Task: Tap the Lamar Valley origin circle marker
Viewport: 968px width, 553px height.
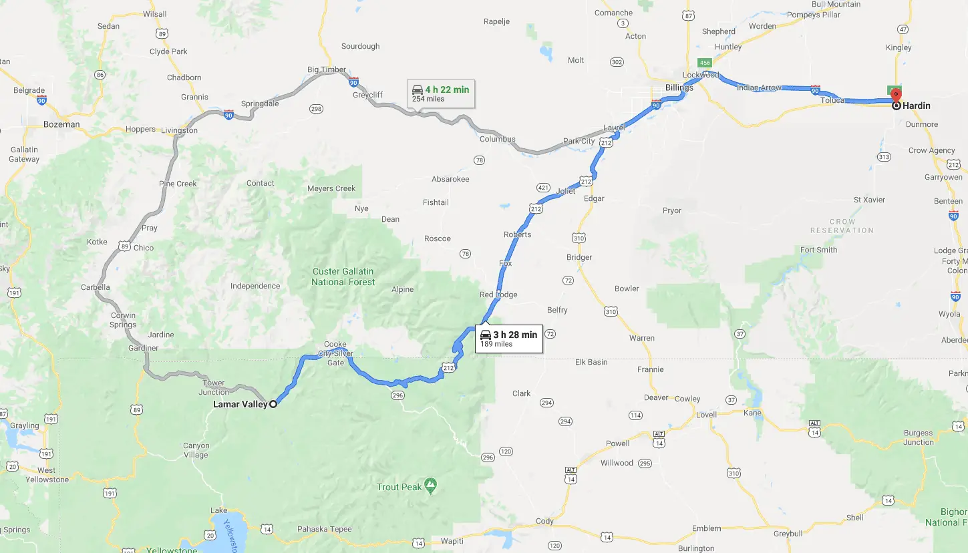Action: [x=273, y=404]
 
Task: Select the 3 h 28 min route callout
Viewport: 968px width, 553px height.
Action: [x=509, y=339]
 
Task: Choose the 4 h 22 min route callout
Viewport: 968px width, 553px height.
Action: [x=441, y=94]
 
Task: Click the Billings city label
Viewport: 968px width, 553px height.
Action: [x=679, y=87]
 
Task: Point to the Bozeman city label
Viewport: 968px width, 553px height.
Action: [x=61, y=124]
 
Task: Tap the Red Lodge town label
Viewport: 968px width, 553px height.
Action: [x=498, y=295]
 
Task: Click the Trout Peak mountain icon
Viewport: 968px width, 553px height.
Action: [x=431, y=482]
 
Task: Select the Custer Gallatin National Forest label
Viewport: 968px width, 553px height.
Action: [x=343, y=276]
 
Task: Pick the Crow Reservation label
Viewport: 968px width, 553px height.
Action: [x=842, y=226]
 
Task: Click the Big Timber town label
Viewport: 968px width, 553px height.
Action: [x=327, y=69]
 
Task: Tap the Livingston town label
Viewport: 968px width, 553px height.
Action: [x=179, y=130]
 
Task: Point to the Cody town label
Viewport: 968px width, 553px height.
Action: [x=544, y=521]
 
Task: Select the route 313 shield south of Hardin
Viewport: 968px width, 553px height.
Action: [x=884, y=157]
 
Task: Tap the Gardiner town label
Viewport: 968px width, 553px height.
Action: [x=144, y=348]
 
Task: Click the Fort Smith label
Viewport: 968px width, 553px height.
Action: [x=818, y=250]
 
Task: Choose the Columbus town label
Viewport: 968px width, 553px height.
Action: [x=498, y=139]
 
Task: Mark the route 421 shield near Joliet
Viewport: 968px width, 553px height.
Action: [x=542, y=188]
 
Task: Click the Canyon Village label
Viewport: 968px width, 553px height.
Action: [x=196, y=450]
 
